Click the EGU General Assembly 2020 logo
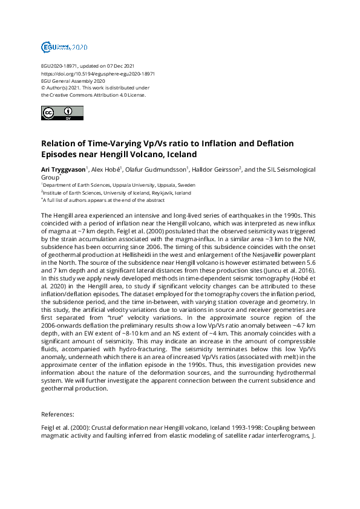pyautogui.click(x=64, y=47)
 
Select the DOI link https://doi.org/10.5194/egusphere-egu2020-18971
pyautogui.click(x=98, y=73)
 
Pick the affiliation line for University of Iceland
pyautogui.click(x=116, y=193)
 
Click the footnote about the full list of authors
pyautogui.click(x=103, y=199)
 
